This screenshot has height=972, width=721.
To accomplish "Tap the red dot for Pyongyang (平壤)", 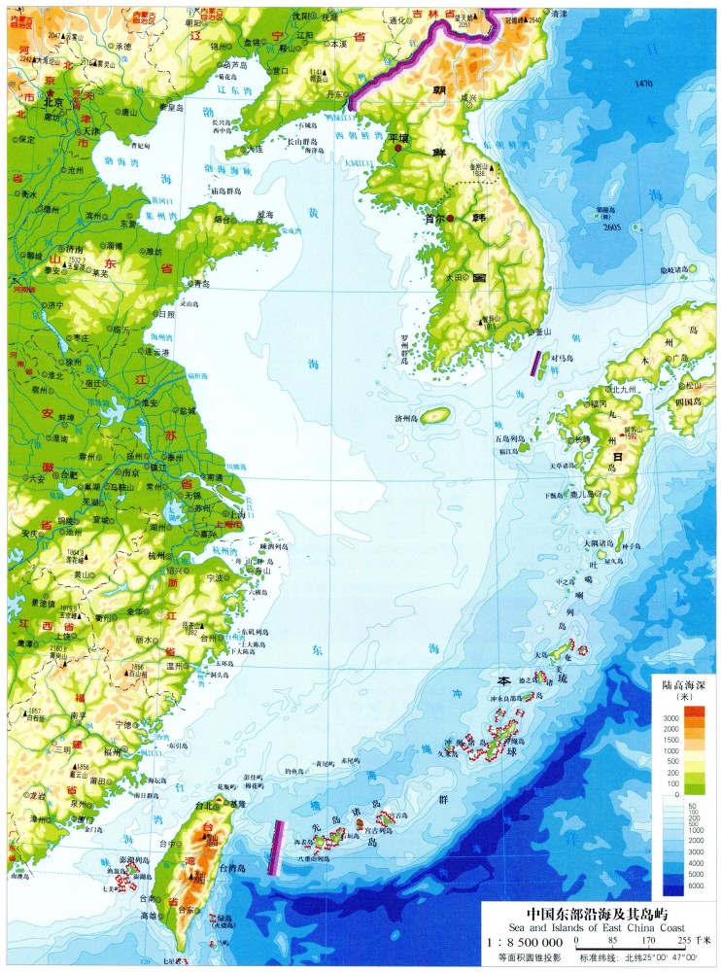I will pos(397,149).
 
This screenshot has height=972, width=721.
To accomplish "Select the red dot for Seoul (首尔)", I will pos(450,219).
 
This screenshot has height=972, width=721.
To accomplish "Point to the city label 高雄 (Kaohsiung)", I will pos(147,916).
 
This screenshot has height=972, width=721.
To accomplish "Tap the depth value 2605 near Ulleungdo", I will pos(611,226).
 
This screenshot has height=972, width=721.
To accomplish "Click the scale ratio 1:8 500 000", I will pos(525,942).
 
